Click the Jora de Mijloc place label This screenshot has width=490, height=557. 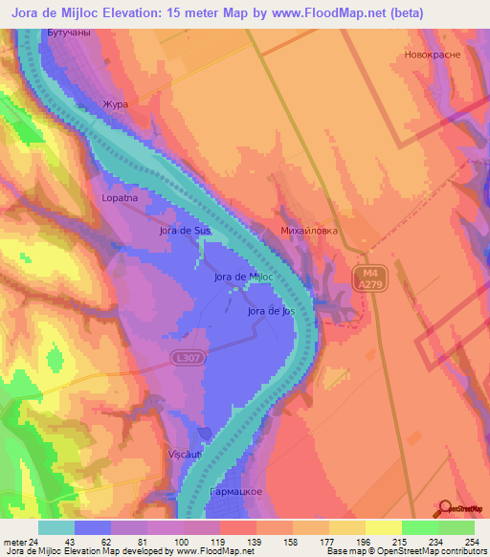[244, 278]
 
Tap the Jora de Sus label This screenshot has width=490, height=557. [185, 232]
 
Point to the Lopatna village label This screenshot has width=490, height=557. [122, 198]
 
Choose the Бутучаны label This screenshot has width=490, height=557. [68, 33]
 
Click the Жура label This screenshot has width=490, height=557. [115, 103]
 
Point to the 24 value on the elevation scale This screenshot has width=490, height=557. [38, 542]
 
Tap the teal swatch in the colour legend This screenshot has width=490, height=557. [56, 527]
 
